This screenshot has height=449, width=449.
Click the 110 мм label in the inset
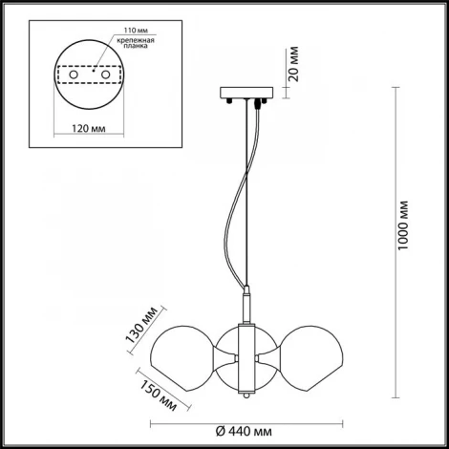[x=136, y=31]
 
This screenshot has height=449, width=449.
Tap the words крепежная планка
[x=136, y=43]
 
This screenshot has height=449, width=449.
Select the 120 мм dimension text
[x=89, y=128]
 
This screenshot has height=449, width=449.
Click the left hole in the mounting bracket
[x=74, y=75]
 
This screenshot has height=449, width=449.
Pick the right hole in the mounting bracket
[x=105, y=75]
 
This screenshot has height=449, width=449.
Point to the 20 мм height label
[x=294, y=64]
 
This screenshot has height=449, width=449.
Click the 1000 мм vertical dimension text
[x=403, y=225]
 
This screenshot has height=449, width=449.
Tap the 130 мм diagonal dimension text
[x=141, y=325]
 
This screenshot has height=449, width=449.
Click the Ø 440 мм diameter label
[x=244, y=432]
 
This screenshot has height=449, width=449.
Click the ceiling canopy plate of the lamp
[x=246, y=93]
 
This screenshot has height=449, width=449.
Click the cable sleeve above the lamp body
[x=247, y=305]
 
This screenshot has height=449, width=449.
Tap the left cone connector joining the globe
[x=225, y=358]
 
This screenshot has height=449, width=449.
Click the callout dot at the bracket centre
[x=94, y=71]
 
